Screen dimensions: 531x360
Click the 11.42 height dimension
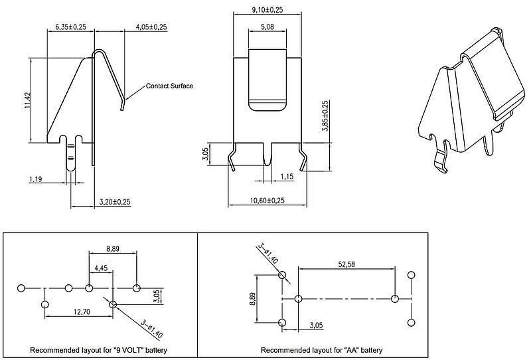(x=28, y=101)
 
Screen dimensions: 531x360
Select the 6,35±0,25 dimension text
(x=71, y=27)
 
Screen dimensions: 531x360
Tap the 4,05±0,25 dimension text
(x=151, y=27)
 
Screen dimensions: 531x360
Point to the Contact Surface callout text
(x=169, y=86)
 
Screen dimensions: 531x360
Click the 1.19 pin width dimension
(x=36, y=179)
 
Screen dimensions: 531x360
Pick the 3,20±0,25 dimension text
(x=115, y=202)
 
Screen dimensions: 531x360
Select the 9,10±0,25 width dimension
(x=267, y=9)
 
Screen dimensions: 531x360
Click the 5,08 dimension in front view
(x=267, y=27)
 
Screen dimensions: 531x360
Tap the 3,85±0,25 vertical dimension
(x=325, y=116)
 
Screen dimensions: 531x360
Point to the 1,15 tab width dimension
(x=287, y=177)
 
